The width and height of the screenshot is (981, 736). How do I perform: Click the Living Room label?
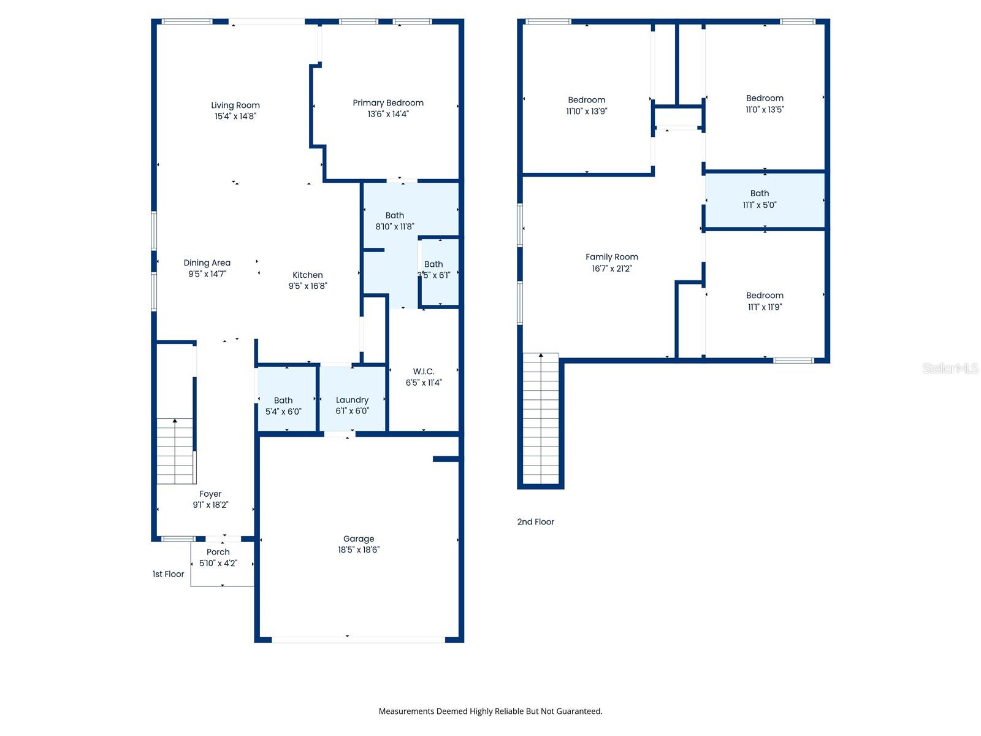click(x=235, y=105)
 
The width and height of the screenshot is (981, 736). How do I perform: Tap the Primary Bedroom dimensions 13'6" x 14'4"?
click(x=387, y=114)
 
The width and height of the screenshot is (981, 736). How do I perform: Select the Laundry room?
click(x=352, y=405)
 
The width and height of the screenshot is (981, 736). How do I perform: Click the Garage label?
click(x=359, y=539)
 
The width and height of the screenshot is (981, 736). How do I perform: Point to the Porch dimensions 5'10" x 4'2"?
click(x=218, y=563)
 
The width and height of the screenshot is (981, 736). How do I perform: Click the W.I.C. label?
click(x=424, y=372)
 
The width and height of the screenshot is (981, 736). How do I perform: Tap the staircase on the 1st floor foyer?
click(x=176, y=451)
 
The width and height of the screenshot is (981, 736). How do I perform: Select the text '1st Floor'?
click(x=168, y=574)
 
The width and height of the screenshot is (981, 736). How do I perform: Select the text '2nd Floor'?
click(x=535, y=522)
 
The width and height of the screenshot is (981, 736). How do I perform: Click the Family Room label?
click(x=611, y=257)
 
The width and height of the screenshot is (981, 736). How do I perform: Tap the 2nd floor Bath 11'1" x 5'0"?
click(x=759, y=199)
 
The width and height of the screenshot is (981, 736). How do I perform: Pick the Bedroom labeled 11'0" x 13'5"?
click(x=765, y=104)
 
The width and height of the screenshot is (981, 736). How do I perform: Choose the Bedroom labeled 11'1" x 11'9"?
click(x=765, y=301)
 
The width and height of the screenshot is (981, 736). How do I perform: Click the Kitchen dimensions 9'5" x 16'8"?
click(x=308, y=286)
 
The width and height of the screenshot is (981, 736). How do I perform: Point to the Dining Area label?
click(x=207, y=263)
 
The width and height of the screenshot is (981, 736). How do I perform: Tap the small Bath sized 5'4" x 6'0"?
click(x=283, y=405)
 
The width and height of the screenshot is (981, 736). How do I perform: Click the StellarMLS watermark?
click(x=950, y=368)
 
